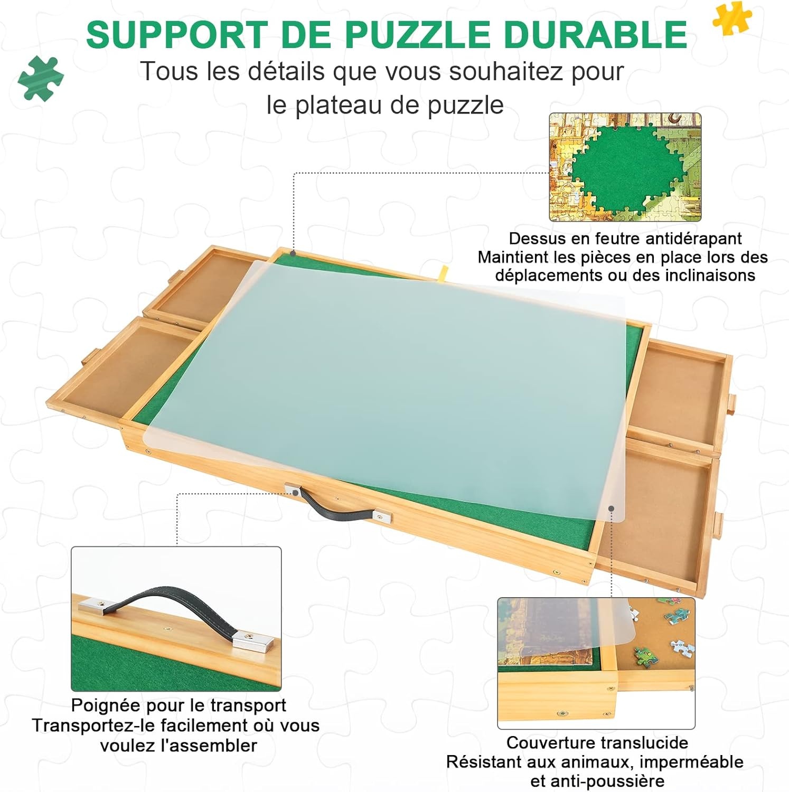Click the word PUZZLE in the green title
click(x=417, y=35)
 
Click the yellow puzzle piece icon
click(x=732, y=17)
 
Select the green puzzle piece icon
click(x=41, y=78)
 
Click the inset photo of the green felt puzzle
click(x=625, y=167)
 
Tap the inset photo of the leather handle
click(x=176, y=618)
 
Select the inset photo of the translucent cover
click(x=596, y=663)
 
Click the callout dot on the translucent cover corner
click(x=611, y=509)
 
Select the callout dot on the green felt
click(x=293, y=254)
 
